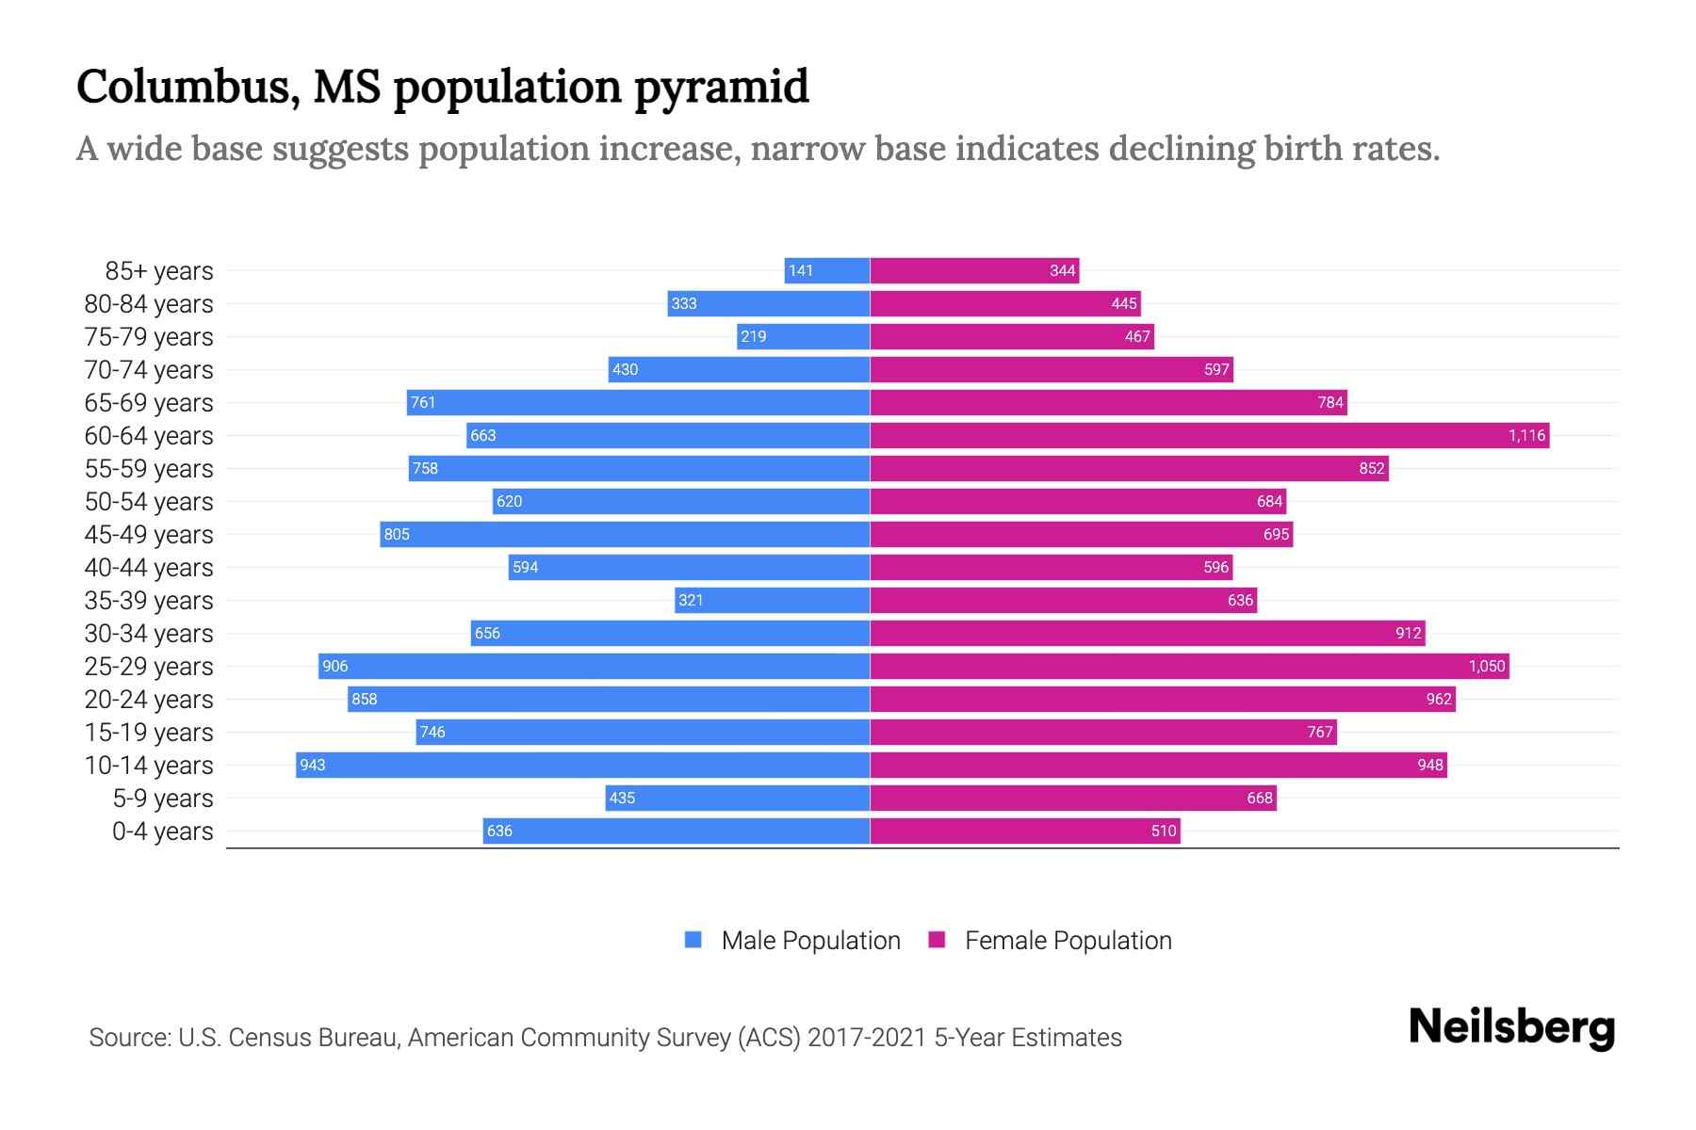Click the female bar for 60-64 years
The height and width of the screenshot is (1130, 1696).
(1209, 435)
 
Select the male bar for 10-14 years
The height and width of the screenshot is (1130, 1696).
(582, 765)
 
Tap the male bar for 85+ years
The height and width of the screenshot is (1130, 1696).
(827, 270)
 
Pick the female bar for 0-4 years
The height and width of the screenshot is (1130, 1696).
(1025, 831)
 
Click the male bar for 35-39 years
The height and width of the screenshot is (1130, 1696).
(773, 600)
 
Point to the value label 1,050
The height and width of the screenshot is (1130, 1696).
(1487, 666)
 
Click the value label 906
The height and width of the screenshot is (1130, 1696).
(335, 666)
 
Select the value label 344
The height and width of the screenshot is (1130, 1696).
(1062, 270)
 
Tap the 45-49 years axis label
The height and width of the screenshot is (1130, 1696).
(149, 534)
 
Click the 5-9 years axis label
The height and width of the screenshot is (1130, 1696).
(162, 798)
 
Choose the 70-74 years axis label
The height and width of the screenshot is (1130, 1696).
(149, 369)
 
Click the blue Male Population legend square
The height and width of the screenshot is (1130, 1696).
(693, 940)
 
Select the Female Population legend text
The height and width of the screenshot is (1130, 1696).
(1068, 940)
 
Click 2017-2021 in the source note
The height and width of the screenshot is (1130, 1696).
(866, 1037)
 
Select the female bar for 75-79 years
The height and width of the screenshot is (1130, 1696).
(1012, 336)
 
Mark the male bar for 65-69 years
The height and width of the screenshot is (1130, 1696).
(638, 402)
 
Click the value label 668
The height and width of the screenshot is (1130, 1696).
(1259, 798)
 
